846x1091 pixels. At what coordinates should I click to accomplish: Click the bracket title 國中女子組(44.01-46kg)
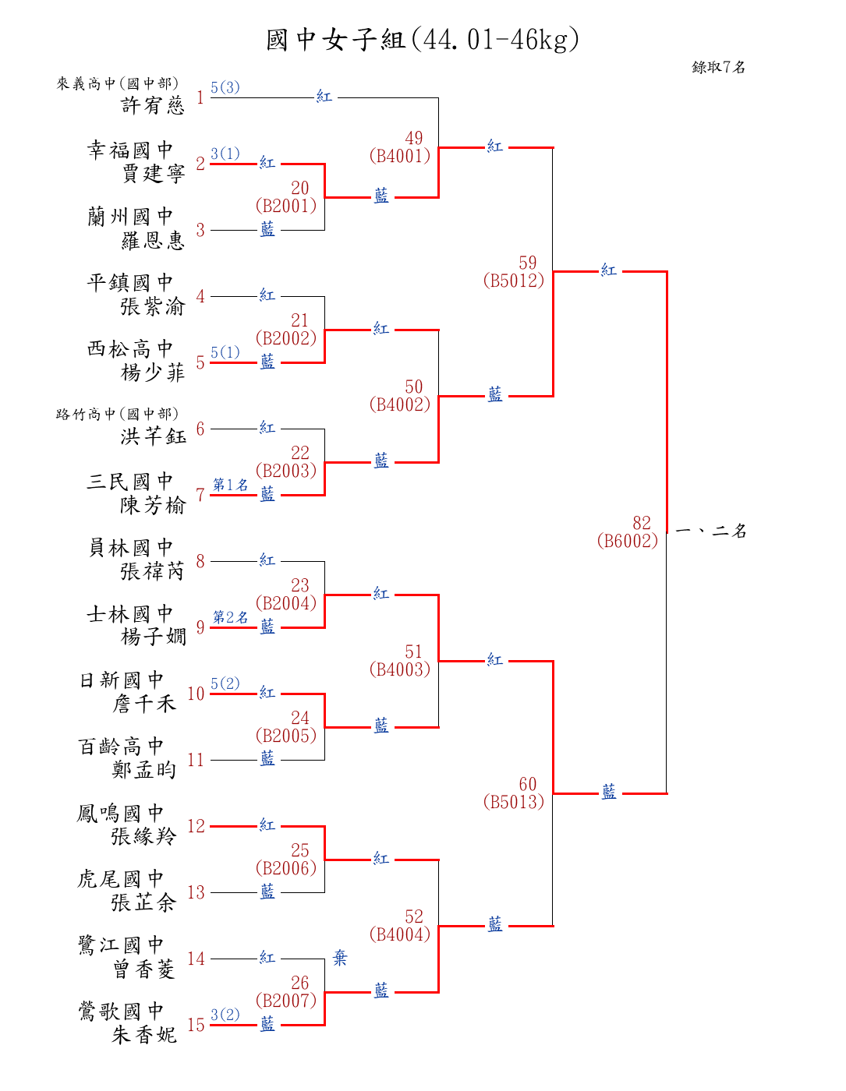422,40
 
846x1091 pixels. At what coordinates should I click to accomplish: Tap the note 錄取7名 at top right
718,67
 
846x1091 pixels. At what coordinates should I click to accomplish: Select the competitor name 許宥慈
153,105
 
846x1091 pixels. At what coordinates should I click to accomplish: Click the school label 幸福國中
130,150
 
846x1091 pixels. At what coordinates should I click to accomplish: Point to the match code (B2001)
286,206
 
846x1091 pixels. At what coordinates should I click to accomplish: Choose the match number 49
414,138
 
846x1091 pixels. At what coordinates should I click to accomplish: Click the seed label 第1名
230,485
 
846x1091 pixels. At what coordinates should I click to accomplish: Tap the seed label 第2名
230,617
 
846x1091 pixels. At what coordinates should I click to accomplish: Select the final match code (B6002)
628,541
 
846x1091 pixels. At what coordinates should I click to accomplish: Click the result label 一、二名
711,531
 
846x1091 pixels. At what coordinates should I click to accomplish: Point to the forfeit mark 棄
340,958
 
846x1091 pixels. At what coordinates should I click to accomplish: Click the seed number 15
196,1025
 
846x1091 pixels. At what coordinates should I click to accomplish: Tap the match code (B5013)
513,802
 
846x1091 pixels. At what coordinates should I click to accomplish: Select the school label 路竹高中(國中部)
117,414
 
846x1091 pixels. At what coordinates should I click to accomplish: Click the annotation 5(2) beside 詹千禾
225,683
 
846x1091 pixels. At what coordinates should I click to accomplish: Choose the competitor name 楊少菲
153,372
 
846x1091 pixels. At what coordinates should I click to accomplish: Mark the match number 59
528,263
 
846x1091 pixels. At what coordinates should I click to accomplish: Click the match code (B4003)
400,669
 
